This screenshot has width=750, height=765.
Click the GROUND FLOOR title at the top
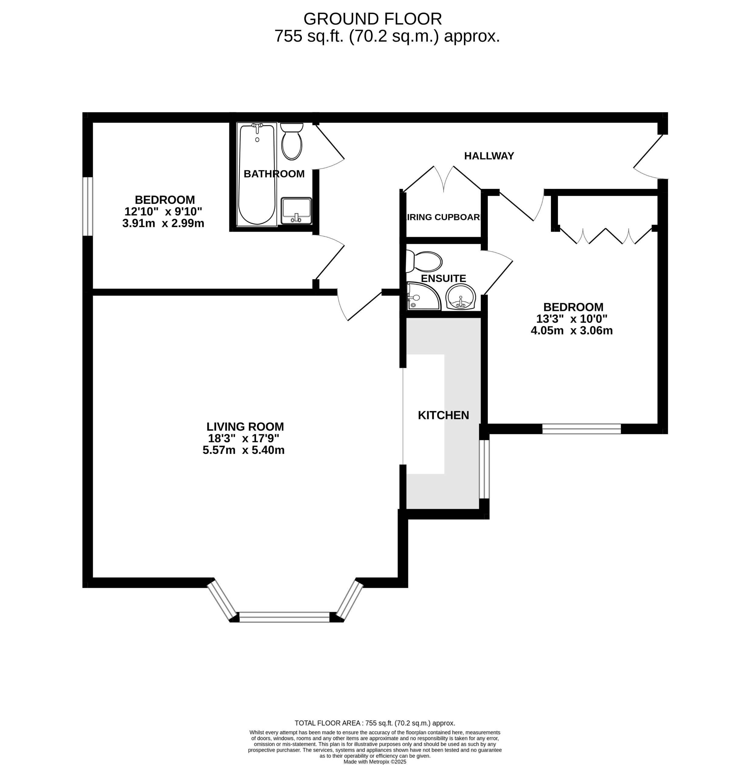click(x=372, y=19)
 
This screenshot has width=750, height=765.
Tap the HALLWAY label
click(x=489, y=156)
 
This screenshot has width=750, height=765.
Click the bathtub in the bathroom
click(x=257, y=175)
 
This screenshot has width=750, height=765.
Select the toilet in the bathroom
click(x=292, y=142)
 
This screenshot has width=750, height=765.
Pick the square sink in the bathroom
click(x=296, y=211)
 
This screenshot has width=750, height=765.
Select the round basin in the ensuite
click(x=461, y=296)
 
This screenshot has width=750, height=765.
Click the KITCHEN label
click(x=443, y=415)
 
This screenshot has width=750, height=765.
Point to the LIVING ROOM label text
click(x=245, y=427)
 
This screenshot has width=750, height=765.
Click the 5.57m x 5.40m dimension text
click(x=243, y=450)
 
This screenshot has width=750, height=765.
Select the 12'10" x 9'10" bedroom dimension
click(x=163, y=212)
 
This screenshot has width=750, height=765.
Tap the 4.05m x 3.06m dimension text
click(x=572, y=330)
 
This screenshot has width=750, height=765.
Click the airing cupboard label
click(x=444, y=217)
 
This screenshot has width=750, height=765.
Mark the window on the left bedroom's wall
click(x=87, y=206)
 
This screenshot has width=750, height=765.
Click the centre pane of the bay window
click(x=284, y=617)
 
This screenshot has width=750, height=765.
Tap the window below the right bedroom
click(x=581, y=429)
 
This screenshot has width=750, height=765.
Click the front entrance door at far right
click(x=649, y=154)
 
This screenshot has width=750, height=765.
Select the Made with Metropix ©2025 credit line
click(x=375, y=762)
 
